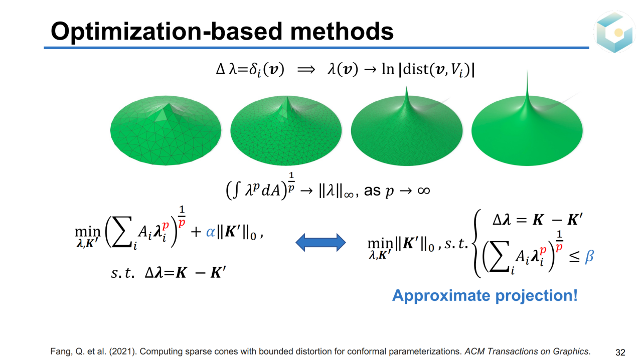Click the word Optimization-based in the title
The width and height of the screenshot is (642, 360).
[x=167, y=32]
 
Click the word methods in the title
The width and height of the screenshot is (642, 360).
[x=342, y=31]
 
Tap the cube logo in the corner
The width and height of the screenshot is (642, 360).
[x=614, y=32]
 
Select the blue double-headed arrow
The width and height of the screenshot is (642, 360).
[x=320, y=243]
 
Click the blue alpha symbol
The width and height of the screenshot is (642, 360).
[x=210, y=232]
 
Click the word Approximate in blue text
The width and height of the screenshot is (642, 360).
[x=441, y=296]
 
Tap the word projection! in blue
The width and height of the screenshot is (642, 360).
[x=536, y=296]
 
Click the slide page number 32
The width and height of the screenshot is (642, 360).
[x=620, y=352]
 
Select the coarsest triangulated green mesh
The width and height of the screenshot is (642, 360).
[x=166, y=130]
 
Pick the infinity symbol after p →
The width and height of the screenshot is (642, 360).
[x=424, y=191]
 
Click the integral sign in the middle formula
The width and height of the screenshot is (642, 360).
[x=236, y=191]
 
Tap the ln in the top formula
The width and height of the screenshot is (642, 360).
[x=388, y=69]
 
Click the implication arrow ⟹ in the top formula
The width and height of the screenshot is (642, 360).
[x=306, y=70]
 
